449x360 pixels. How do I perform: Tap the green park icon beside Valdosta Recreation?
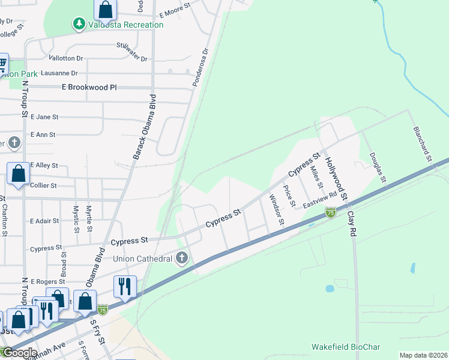78,24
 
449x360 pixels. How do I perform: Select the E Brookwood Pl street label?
89,88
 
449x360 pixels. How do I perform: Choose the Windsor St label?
276,209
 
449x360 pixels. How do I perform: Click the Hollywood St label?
336,178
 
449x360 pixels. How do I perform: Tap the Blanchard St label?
421,144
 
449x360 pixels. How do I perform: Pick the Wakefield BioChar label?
344,347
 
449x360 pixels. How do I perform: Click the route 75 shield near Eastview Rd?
330,212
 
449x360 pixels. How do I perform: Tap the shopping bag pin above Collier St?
18,174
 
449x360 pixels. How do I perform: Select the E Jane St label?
44,117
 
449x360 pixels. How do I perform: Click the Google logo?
19,353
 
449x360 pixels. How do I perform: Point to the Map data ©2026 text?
423,355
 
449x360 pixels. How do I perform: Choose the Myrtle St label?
89,218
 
